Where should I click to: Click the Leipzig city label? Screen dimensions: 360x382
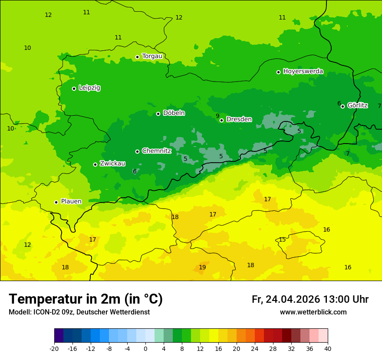[89, 88]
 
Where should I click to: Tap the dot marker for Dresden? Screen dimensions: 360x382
[221, 120]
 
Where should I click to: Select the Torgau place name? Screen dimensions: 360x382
[152, 56]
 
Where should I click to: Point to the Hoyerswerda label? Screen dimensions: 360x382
[303, 72]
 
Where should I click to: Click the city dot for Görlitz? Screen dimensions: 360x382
[342, 106]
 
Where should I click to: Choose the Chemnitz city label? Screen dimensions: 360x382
[156, 151]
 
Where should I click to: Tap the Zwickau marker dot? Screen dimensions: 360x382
[95, 164]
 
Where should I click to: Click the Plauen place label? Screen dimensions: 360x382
[71, 202]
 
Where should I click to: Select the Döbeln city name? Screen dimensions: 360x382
[174, 113]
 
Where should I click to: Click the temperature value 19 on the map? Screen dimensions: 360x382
[202, 267]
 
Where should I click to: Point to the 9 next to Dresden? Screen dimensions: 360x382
[217, 116]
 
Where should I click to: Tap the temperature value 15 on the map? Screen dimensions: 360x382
[282, 239]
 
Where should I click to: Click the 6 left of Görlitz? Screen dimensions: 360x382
[339, 103]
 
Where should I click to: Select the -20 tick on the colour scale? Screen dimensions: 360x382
[54, 349]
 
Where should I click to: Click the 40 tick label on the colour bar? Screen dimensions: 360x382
[328, 349]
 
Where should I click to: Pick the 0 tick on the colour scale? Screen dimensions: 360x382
[145, 349]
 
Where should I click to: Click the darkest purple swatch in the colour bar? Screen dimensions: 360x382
[59, 336]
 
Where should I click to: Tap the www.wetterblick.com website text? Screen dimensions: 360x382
[313, 312]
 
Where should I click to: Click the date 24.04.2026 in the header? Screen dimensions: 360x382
[293, 299]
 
